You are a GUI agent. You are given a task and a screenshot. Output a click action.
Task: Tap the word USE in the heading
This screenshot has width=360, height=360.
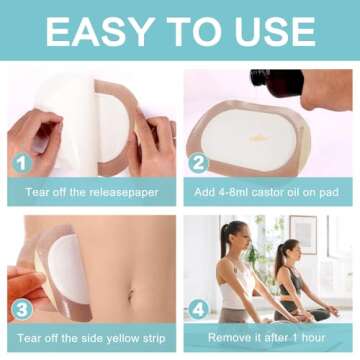[275, 31]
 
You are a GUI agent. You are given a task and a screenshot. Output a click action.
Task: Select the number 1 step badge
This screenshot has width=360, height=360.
[22, 164]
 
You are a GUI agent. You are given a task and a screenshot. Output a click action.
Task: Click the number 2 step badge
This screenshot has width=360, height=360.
[198, 163]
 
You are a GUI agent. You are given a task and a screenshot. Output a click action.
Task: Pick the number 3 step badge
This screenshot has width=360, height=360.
[22, 310]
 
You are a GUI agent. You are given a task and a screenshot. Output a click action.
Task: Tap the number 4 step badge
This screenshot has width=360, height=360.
[199, 310]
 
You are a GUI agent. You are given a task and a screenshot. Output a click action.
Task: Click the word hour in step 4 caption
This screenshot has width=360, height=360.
[311, 338]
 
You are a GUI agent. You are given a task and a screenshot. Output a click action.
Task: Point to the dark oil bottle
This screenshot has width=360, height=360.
[277, 83]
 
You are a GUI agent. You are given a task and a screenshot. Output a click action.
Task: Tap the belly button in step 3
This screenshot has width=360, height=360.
[130, 293]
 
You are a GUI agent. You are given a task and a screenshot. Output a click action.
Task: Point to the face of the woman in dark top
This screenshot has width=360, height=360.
[294, 250]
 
